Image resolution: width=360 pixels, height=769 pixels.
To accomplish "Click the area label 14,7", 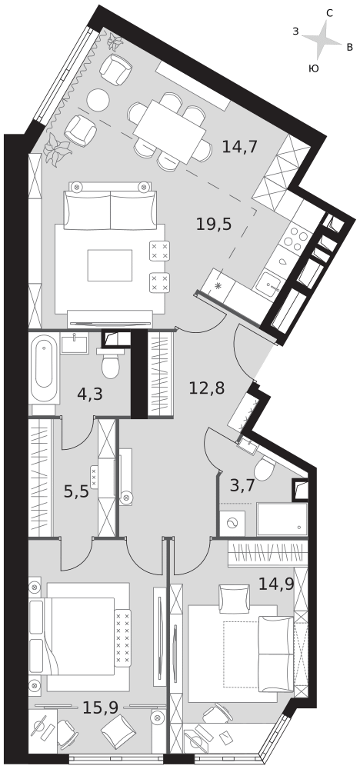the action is [x=240, y=146].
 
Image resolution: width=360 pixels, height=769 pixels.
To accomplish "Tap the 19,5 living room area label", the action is [x=213, y=224].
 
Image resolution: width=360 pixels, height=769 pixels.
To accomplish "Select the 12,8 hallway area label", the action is [x=207, y=388].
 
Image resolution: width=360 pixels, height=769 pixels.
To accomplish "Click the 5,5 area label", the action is [x=76, y=491].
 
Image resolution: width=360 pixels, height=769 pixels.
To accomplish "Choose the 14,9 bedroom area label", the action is [x=276, y=584].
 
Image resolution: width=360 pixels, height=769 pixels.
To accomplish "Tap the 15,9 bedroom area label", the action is [x=100, y=707].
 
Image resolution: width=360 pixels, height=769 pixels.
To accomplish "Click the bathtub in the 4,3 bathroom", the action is [x=45, y=369].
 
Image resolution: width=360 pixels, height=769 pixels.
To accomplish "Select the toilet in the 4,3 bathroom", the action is [x=110, y=363].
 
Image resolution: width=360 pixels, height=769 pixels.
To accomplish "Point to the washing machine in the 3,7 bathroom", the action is [x=232, y=523].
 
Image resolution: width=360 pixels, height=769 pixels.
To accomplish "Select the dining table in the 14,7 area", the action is [x=169, y=132].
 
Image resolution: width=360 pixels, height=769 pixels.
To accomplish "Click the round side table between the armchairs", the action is [x=98, y=100].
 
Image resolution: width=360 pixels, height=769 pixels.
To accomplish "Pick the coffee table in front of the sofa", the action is [x=110, y=265].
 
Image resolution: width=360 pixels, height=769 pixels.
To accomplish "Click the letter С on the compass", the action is [x=329, y=14].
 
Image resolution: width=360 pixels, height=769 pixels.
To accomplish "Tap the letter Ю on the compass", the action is [x=313, y=68].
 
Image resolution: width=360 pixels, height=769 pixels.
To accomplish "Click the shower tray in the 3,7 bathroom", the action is [x=282, y=519].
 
